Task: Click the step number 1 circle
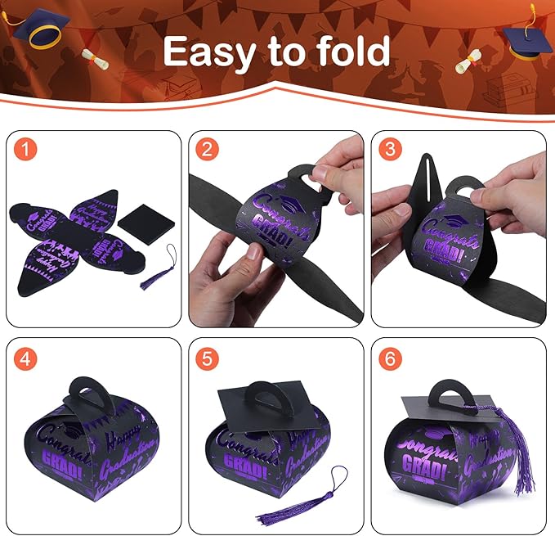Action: tap(27, 150)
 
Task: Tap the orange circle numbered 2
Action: tap(207, 150)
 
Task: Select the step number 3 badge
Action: tap(388, 150)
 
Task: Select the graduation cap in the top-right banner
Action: tap(526, 41)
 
